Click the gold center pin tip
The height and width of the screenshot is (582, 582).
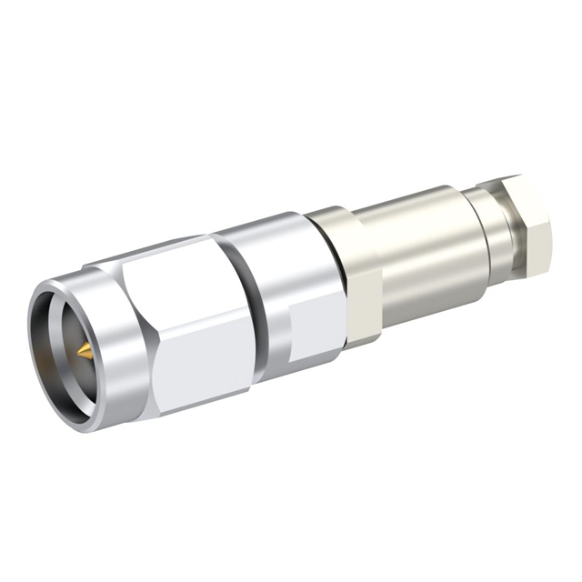coord(83,350)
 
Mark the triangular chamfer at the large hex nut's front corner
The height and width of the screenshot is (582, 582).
coord(136,364)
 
